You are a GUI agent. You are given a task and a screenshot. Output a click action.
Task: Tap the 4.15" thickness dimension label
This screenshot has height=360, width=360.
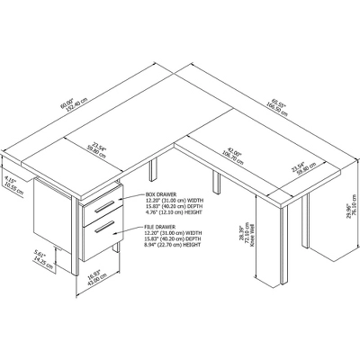click(8, 184)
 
